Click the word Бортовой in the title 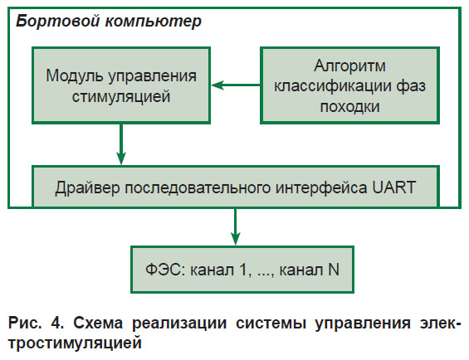point(57,22)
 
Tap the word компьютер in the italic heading point(153,22)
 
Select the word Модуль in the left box point(75,76)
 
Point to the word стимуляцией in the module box point(121,96)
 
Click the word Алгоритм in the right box point(349,66)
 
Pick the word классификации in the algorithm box point(333,86)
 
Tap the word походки point(349,107)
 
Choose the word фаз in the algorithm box point(411,86)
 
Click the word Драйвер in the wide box point(87,188)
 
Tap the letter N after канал point(334,270)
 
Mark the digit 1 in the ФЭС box point(243,270)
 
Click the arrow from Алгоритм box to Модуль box point(236,85)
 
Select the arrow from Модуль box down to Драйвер point(121,144)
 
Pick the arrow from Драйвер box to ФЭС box point(236,226)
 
